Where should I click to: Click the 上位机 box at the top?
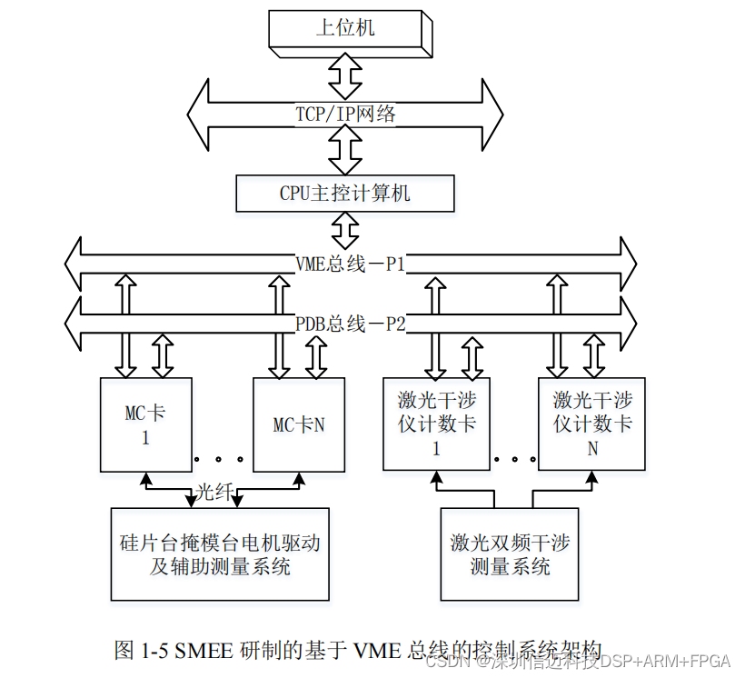345,29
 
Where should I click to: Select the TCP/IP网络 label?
345,114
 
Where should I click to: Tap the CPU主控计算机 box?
344,194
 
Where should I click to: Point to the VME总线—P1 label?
350,264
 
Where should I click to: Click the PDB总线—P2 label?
350,323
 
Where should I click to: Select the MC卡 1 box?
145,424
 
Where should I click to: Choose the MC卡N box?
299,424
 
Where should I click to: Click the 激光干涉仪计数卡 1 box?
436,424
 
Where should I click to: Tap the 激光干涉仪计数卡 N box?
592,424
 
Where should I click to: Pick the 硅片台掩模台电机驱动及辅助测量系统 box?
220,554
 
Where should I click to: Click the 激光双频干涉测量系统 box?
510,554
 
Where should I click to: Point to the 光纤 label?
216,492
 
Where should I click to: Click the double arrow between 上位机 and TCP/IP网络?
345,75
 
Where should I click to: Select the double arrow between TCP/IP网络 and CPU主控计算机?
345,149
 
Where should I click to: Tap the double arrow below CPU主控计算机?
345,231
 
